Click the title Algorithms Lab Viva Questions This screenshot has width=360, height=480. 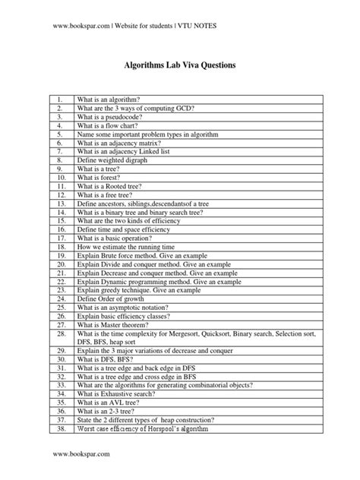tap(180, 67)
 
